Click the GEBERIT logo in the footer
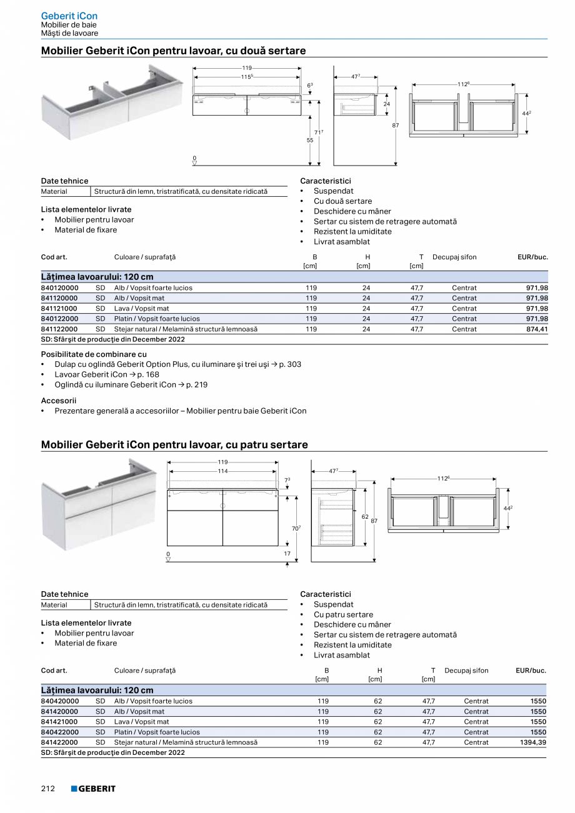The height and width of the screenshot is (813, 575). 93,789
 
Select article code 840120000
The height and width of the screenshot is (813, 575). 59,288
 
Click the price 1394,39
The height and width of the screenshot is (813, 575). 533,742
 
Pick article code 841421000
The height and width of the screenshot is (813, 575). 59,722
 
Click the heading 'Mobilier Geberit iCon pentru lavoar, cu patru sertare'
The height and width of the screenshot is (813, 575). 174,445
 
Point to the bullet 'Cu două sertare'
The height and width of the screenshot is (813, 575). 342,201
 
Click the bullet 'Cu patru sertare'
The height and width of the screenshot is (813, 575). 343,614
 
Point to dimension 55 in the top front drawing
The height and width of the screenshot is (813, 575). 310,141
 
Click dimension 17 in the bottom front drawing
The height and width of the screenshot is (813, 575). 287,554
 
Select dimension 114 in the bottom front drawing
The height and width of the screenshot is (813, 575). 222,471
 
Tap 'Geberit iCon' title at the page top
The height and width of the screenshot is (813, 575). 69,16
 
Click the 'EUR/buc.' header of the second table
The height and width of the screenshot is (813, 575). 531,671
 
